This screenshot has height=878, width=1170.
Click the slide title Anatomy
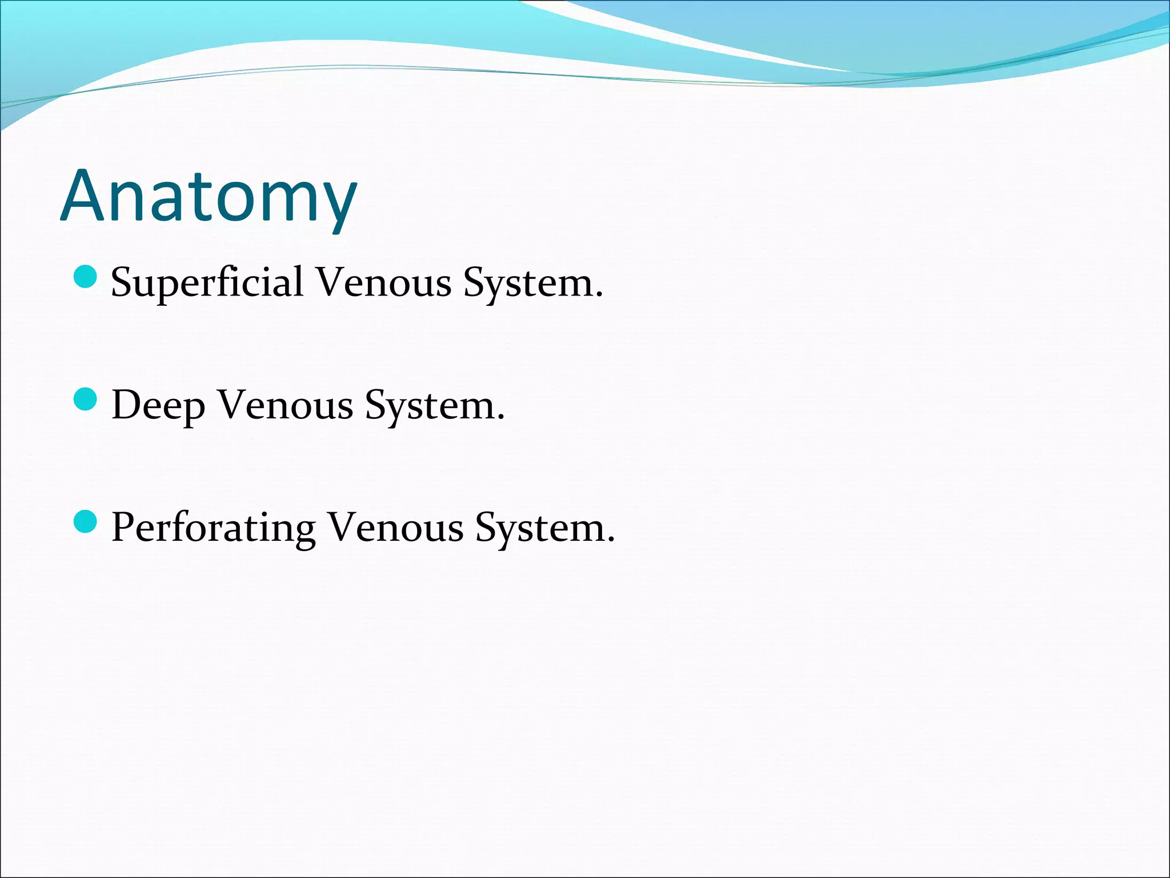tap(209, 197)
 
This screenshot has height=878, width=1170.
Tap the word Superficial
tap(207, 282)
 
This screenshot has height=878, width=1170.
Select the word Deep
tap(158, 406)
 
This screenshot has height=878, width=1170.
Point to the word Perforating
tap(213, 528)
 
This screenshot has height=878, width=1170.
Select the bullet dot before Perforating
tap(86, 521)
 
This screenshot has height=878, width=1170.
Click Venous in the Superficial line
tap(384, 282)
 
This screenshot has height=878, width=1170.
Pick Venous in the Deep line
tap(286, 405)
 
